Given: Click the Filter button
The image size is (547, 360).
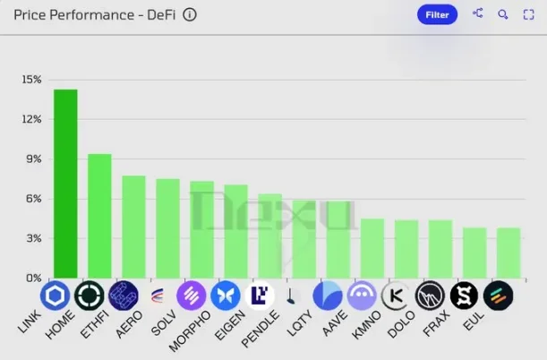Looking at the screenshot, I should point(437,14).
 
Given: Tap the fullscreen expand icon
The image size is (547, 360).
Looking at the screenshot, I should point(528,14).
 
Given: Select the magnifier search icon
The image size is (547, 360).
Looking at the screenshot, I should point(503,14).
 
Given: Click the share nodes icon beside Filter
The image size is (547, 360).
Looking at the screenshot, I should point(477,14).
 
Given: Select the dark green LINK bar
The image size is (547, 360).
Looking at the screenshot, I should point(65,184).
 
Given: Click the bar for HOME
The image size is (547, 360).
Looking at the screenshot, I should point(99,216).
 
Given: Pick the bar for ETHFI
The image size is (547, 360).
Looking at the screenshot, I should point(133,227).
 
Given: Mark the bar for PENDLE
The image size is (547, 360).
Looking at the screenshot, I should point(269,236).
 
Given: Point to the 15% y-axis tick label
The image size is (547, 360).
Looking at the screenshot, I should point(31,80).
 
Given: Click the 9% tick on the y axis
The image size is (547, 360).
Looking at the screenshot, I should point(33,159).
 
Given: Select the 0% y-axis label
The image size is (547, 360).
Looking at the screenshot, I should point(33,279).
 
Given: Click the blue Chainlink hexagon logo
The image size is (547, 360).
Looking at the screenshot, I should point(55,296).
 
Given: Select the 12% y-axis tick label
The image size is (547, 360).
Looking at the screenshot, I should point(31,119).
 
